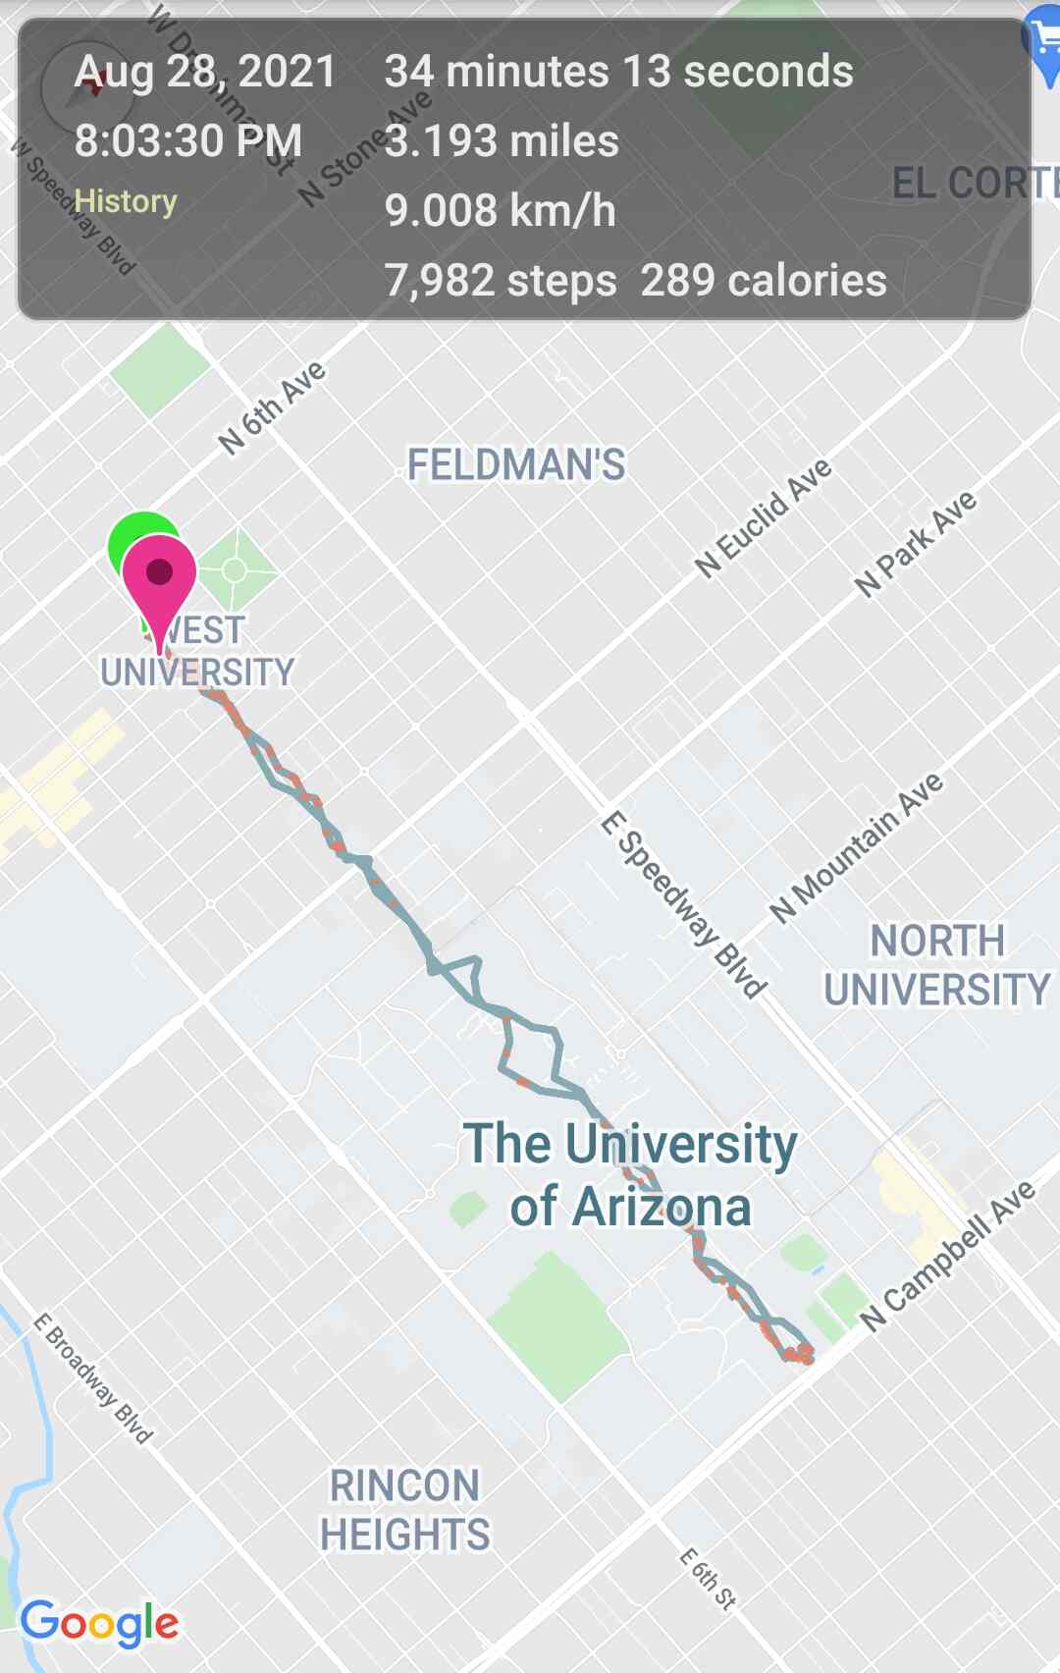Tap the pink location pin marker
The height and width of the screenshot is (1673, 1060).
pos(159,574)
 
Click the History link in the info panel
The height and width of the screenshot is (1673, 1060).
pos(126,201)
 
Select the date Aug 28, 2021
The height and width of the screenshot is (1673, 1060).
pos(205,72)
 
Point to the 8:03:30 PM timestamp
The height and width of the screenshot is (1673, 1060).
pos(187,140)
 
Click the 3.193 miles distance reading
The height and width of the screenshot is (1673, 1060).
pos(502,140)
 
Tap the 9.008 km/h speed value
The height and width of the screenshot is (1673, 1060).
pos(500,210)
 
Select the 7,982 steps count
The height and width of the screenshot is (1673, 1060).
pos(501,281)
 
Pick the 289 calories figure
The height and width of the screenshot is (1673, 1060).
pos(764,281)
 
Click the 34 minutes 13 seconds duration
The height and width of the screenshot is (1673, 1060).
pos(618,72)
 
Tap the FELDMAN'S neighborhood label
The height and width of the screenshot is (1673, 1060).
pos(516,464)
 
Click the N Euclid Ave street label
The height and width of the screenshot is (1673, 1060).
pos(764,517)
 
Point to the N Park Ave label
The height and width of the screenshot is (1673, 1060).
pos(916,543)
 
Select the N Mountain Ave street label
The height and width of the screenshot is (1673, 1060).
pos(857,847)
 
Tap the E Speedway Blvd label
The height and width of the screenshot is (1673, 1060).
pos(683,904)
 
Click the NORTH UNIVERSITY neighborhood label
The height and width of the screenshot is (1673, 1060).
pos(936,965)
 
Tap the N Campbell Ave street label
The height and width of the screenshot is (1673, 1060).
pos(949,1255)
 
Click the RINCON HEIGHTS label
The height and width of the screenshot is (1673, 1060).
pos(404,1510)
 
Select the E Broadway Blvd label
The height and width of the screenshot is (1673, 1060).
pos(93,1378)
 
